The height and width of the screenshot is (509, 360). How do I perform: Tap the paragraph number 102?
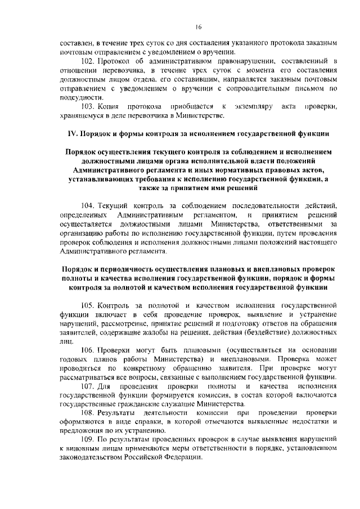pos(89,60)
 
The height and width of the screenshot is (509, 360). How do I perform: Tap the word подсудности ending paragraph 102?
pos(80,96)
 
